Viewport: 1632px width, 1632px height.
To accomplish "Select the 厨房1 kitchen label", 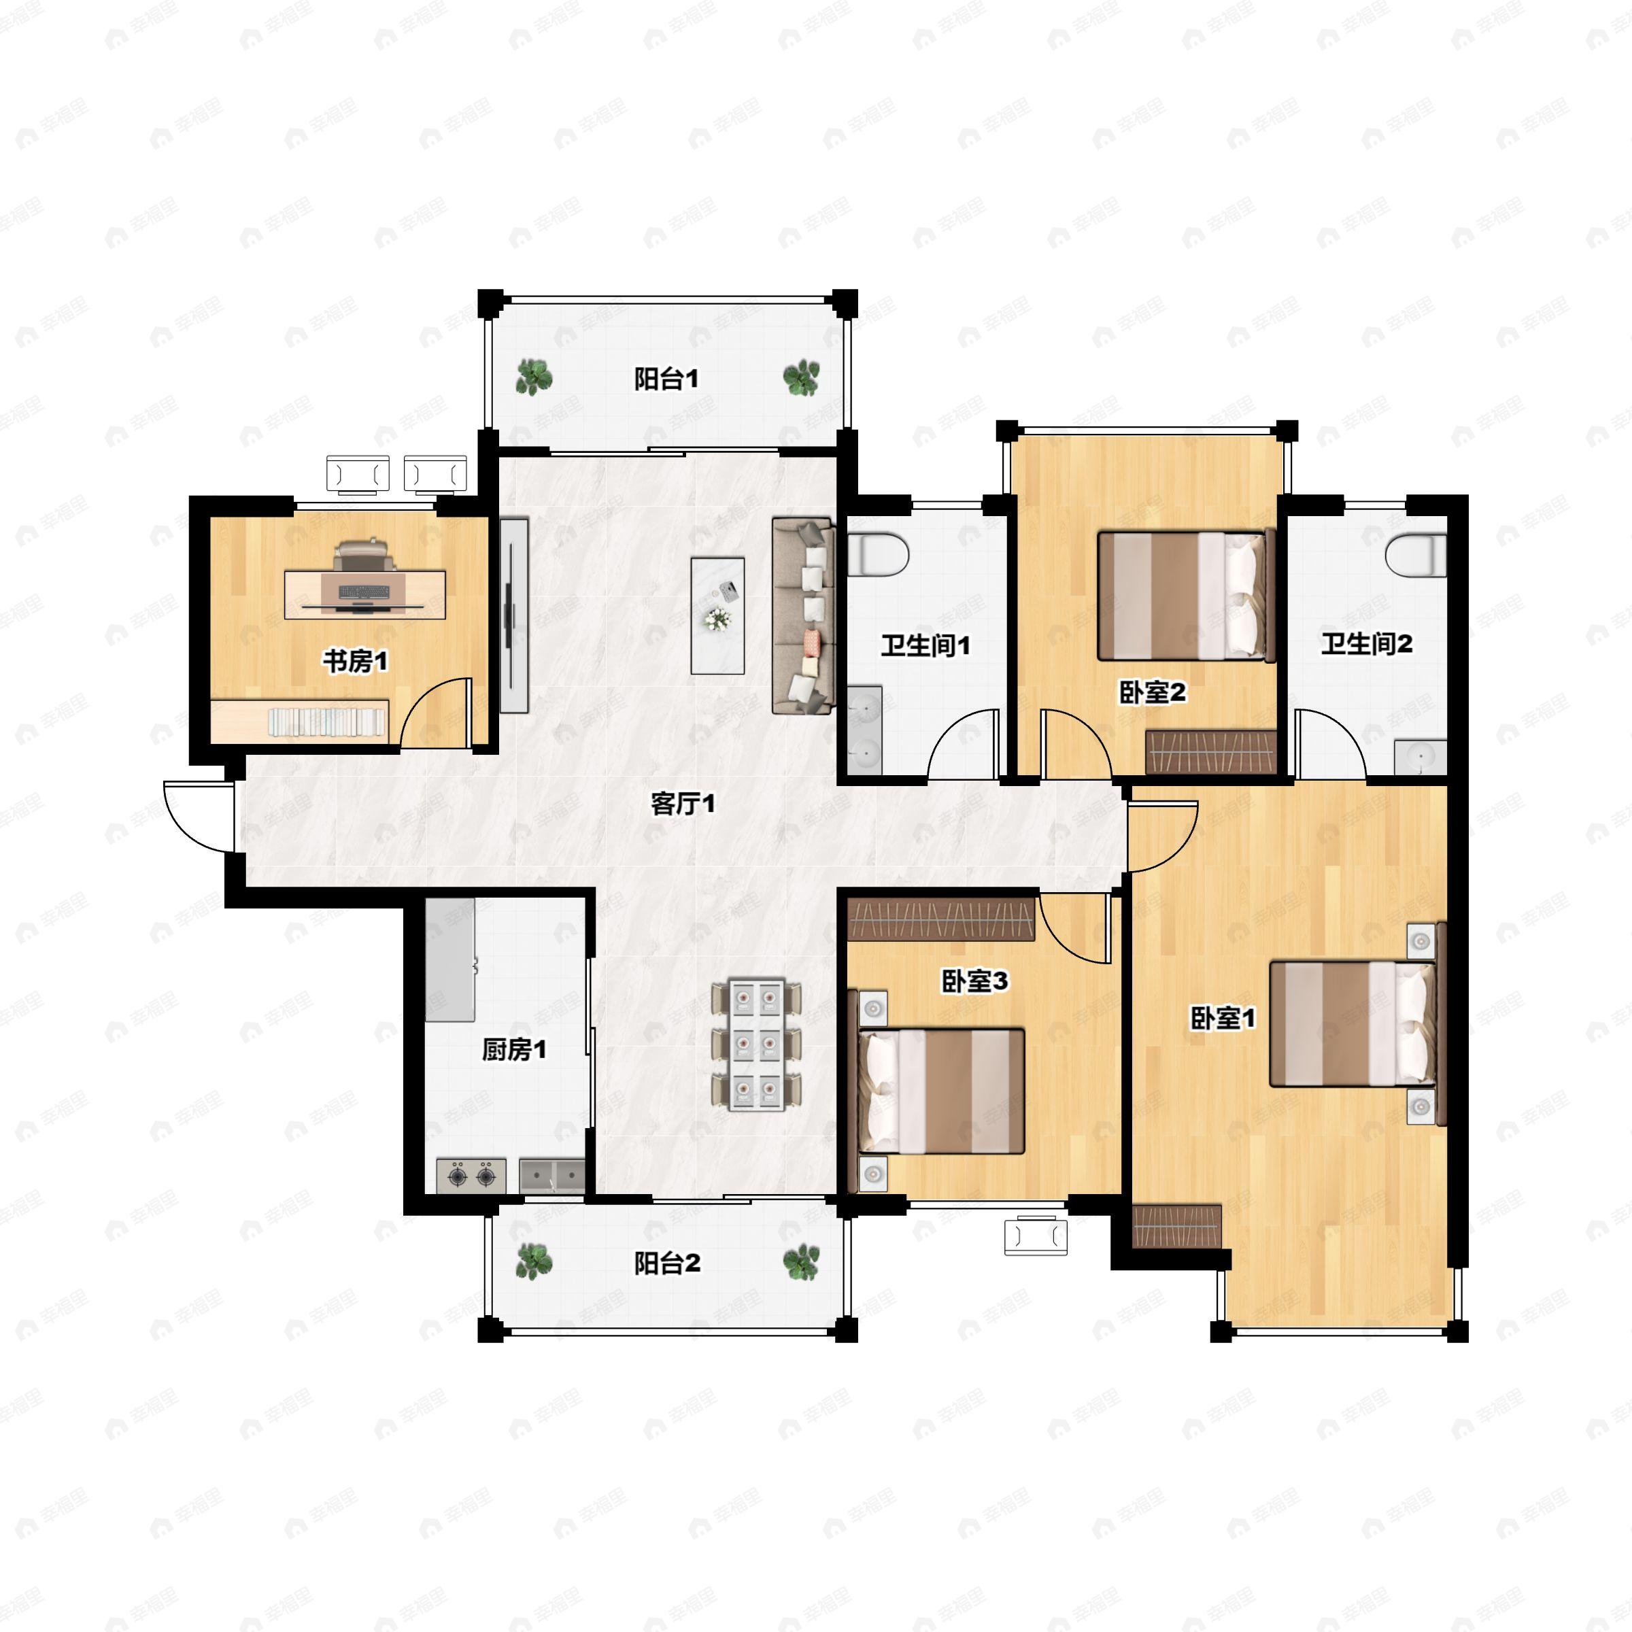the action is pyautogui.click(x=513, y=1050).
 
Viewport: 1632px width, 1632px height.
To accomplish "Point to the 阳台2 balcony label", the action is pyautogui.click(x=667, y=1263).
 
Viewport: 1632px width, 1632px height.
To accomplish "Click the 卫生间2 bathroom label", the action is pyautogui.click(x=1367, y=645).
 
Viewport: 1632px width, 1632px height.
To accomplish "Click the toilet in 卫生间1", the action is pyautogui.click(x=878, y=556).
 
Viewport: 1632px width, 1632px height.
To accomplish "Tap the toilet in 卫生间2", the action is pyautogui.click(x=1416, y=555).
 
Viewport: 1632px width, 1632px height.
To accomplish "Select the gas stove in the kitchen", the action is pyautogui.click(x=471, y=1175).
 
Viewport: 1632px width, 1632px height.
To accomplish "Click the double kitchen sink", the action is pyautogui.click(x=551, y=1175).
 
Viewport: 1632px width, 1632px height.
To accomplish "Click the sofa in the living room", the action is pyautogui.click(x=803, y=617).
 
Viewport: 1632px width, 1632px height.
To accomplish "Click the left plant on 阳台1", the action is pyautogui.click(x=534, y=377).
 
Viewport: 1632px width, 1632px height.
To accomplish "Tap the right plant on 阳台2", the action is pyautogui.click(x=801, y=1262).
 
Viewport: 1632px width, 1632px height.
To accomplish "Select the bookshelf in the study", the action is pyautogui.click(x=300, y=722).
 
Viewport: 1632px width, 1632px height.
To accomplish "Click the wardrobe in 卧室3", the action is pyautogui.click(x=941, y=919).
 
